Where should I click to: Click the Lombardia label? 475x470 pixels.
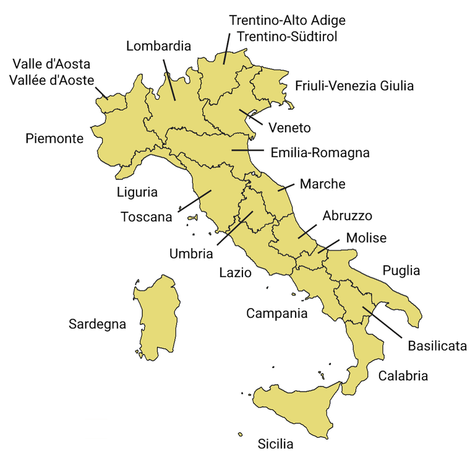(x=159, y=46)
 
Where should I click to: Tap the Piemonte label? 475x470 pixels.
(x=54, y=139)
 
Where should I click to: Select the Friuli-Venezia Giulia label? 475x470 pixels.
(x=354, y=86)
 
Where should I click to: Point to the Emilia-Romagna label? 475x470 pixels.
(x=320, y=152)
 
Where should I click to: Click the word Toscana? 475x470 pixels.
(x=147, y=217)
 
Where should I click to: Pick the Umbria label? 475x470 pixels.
(x=191, y=254)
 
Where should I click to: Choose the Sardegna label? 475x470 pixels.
(x=97, y=324)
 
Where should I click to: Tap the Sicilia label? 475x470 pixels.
(x=275, y=444)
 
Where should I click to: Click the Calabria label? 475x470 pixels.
(x=403, y=375)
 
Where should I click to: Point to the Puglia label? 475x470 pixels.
(x=401, y=270)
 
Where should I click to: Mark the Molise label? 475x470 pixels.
(x=366, y=238)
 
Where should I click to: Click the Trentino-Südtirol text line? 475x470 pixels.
(x=283, y=36)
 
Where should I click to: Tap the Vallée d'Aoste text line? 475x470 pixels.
(x=52, y=80)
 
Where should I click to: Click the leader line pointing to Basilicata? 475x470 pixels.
(x=383, y=322)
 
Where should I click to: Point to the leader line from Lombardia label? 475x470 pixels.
(x=169, y=79)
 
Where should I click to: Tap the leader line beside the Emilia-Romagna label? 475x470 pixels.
(x=247, y=150)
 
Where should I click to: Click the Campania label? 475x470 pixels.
(x=276, y=313)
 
